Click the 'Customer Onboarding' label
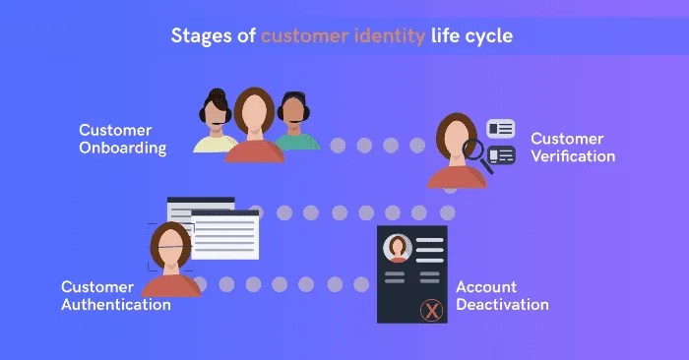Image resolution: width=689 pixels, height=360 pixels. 122,140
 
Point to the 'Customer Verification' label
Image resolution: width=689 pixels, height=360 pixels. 573,148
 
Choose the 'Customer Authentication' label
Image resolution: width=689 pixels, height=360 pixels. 115,295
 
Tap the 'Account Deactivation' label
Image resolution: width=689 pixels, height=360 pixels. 502,295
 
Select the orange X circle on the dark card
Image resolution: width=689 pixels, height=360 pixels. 430,311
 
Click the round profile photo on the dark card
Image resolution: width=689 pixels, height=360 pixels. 397,248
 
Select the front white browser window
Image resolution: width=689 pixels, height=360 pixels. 225,234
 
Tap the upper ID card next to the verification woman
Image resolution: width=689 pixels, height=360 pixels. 501,128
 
